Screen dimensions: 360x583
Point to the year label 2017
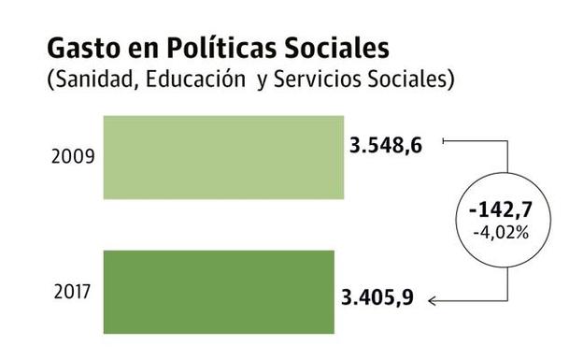click(x=70, y=292)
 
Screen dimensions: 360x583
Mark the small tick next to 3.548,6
click(x=443, y=141)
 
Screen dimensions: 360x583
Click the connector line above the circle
click(x=505, y=159)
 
